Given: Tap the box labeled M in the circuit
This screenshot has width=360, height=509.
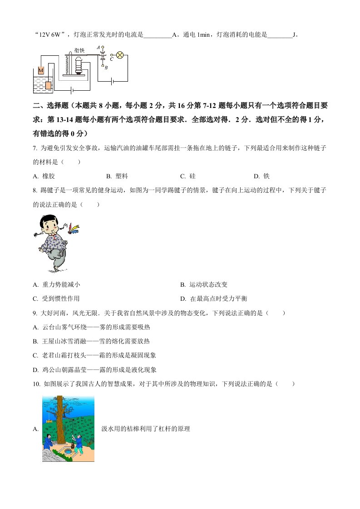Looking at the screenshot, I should point(41,70).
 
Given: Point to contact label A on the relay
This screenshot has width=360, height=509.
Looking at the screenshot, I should point(99,48).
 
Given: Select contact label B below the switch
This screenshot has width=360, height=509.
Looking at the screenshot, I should point(106,68).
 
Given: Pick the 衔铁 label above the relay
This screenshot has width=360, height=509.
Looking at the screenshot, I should point(79,50).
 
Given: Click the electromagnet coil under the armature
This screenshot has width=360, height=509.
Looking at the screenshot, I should point(79,66).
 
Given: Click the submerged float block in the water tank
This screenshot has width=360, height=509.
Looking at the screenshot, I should point(49,85).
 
